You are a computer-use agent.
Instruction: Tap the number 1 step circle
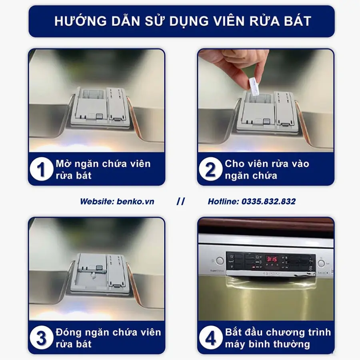click(42, 170)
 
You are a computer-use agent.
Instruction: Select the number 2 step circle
click(210, 170)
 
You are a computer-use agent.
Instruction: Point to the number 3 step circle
click(42, 338)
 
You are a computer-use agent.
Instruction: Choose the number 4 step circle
click(210, 338)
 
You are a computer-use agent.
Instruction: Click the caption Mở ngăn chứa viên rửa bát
click(103, 170)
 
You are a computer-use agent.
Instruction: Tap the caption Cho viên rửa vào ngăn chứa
click(267, 170)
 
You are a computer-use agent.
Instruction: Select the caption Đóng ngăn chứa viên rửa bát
click(108, 338)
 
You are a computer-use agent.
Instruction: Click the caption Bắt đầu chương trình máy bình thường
click(278, 338)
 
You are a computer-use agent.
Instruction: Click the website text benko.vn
click(135, 202)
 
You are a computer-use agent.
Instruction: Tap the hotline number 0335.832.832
click(268, 202)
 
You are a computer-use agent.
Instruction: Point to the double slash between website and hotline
click(181, 202)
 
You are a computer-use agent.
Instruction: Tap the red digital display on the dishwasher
click(272, 259)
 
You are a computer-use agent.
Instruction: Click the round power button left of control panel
click(220, 261)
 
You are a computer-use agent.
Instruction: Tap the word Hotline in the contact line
click(223, 202)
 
